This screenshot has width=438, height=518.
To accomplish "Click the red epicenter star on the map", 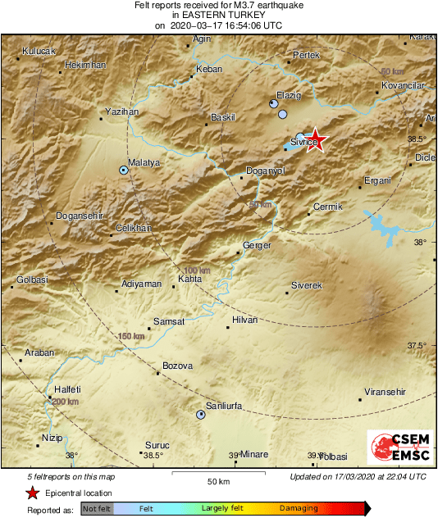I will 313,141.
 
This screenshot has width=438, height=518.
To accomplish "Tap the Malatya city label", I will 144,163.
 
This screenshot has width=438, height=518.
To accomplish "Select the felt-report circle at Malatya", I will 124,170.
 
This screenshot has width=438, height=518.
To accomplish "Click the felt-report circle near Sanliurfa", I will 201,415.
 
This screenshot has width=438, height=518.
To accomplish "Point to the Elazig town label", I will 289,95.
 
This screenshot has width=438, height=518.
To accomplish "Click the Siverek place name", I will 308,285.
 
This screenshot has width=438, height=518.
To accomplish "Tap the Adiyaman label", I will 141,284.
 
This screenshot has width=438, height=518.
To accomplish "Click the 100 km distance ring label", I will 197,270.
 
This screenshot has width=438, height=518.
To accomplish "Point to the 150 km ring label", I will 131,336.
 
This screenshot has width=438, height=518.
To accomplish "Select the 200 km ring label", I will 65,402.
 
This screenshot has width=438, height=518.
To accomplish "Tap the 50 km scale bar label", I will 217,481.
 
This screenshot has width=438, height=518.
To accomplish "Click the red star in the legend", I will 32,493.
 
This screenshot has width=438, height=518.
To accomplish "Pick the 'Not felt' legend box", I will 98,508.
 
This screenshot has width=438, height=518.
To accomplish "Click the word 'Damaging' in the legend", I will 299,508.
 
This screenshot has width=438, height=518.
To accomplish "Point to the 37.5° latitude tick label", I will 418,346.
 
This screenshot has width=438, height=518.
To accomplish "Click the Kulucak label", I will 38,51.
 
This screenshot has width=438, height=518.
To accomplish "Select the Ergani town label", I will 378,180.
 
